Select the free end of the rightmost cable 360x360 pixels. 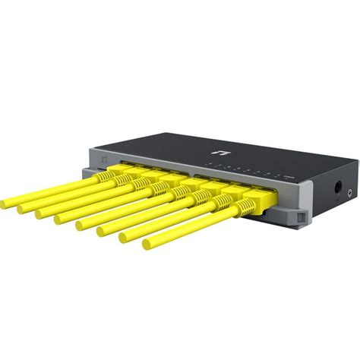click(x=147, y=245)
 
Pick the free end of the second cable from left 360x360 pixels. click(x=23, y=207)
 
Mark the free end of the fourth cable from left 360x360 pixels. click(x=58, y=219)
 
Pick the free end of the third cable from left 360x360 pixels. click(x=40, y=213)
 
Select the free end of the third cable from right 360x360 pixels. click(x=102, y=232)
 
